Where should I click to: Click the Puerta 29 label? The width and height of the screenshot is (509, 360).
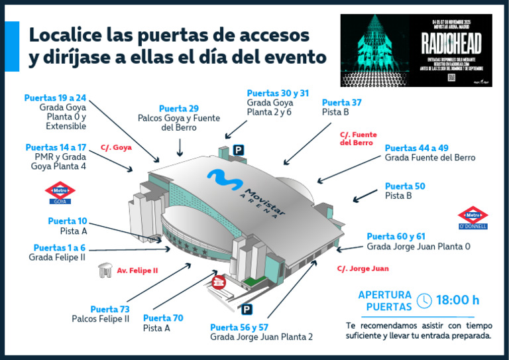(179, 109)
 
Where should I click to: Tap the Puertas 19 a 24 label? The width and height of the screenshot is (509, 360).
(55, 97)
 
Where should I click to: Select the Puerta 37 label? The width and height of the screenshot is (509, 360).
(341, 103)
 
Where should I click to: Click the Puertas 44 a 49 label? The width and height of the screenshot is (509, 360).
(416, 148)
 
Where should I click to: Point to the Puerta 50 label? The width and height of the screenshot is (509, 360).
(404, 186)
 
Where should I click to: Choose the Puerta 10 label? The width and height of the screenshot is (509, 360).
(67, 221)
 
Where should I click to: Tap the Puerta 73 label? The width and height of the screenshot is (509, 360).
(109, 309)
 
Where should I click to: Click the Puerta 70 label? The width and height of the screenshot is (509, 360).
(163, 318)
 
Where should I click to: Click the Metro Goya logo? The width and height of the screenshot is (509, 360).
(60, 193)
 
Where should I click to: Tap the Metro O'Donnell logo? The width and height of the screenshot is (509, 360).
(473, 217)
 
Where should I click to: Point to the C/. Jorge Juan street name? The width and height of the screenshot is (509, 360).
(363, 269)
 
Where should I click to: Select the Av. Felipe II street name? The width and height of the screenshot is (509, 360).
(137, 270)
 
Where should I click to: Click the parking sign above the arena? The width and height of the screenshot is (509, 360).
(237, 151)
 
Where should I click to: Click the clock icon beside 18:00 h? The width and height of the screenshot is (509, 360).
(424, 300)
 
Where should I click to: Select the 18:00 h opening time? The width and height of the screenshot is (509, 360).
(457, 300)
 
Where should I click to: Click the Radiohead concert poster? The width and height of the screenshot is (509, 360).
(416, 50)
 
